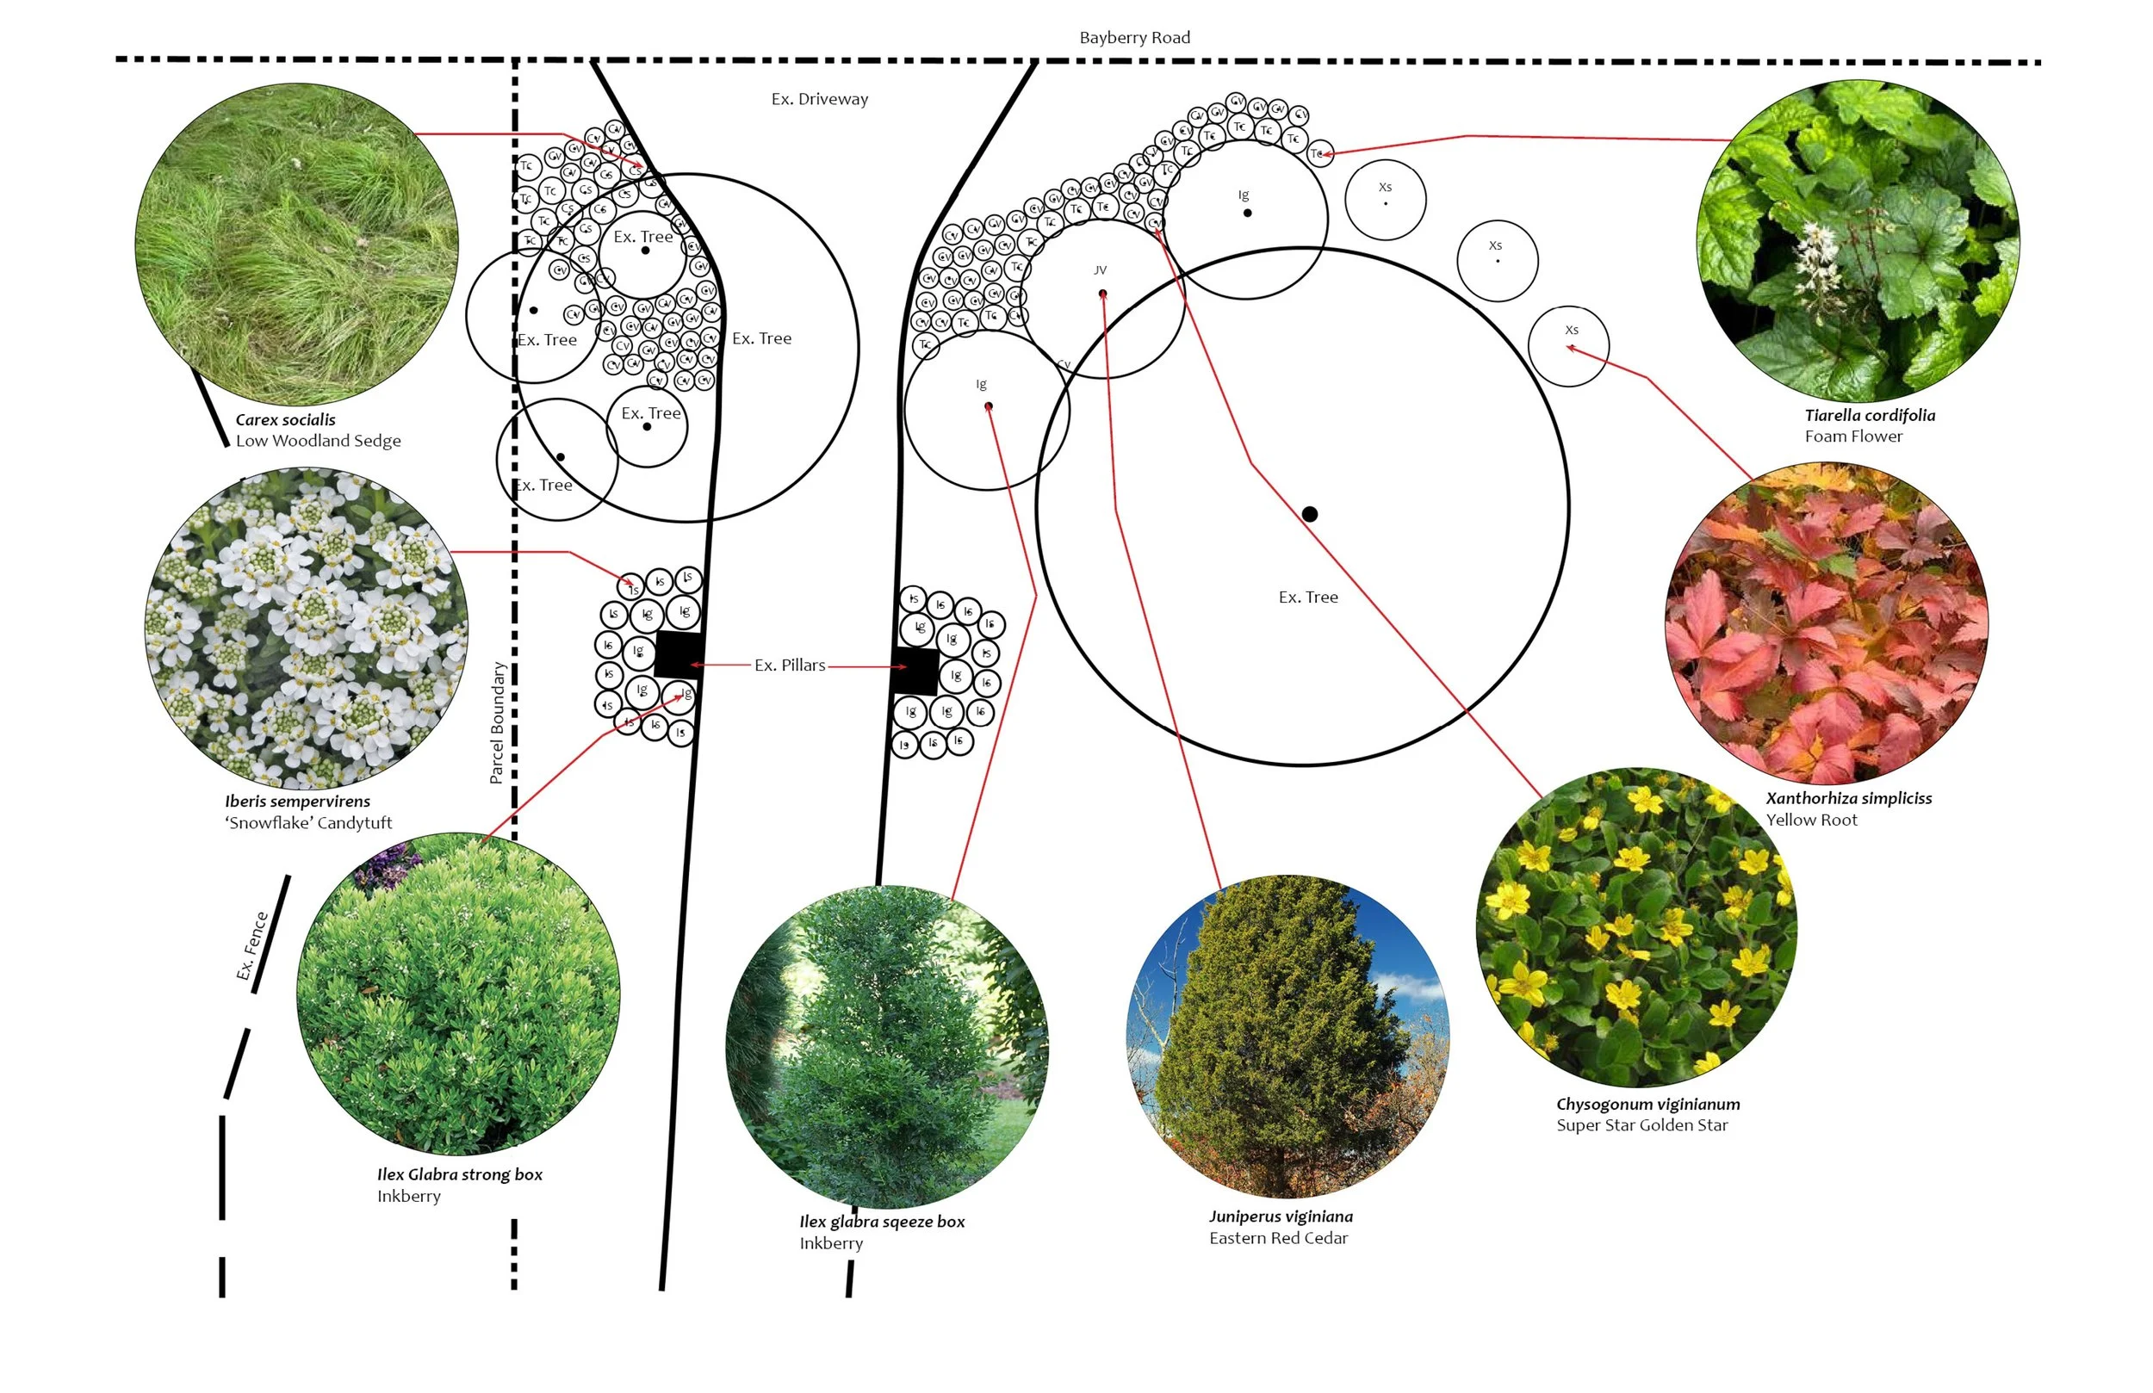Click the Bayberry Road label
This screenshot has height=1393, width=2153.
pos(1134,38)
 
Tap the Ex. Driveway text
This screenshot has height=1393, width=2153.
pos(820,100)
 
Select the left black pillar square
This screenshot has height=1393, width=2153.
pos(679,655)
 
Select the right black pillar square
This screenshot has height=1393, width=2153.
pos(915,672)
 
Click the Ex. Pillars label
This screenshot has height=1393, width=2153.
pos(790,666)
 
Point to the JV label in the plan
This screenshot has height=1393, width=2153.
pos(1100,270)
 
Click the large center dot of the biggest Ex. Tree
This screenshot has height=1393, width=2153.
pos(1309,515)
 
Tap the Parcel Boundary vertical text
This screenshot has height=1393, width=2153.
pos(497,722)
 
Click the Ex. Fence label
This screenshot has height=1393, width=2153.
pos(252,946)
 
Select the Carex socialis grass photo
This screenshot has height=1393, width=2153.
pos(297,245)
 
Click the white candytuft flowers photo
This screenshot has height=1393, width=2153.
pos(306,628)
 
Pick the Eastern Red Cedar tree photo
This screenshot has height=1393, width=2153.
pos(1287,1037)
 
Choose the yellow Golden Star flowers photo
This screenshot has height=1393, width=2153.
pos(1635,928)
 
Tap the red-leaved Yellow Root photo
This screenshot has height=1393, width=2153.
pos(1826,624)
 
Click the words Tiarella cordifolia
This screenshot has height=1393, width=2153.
pos(1869,416)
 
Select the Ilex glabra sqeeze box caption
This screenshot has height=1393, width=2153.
pos(881,1222)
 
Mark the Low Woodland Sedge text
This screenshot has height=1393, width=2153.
pos(318,442)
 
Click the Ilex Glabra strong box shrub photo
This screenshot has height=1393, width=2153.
pos(458,994)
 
